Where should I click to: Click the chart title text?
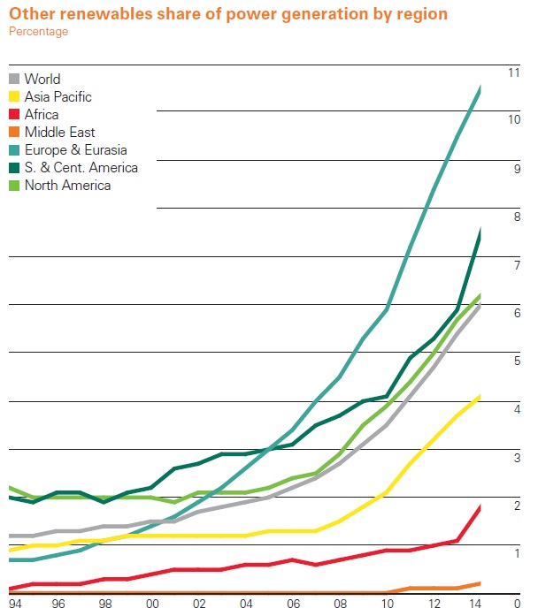pos(227,14)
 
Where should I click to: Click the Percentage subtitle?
pos(38,32)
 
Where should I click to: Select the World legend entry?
pos(42,79)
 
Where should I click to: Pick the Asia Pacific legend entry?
pos(58,96)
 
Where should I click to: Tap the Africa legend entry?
pos(42,114)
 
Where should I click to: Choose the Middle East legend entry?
pos(59,132)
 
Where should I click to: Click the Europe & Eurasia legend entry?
pos(75,149)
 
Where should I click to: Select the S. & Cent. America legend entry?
pos(81,167)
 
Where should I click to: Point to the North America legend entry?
pos(67,185)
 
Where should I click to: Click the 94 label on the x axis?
pos(13,604)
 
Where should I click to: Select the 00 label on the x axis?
pos(151,604)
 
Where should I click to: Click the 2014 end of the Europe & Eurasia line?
pos(480,87)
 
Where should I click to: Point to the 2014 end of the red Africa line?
pos(480,506)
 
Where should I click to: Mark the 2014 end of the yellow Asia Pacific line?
pos(480,397)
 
